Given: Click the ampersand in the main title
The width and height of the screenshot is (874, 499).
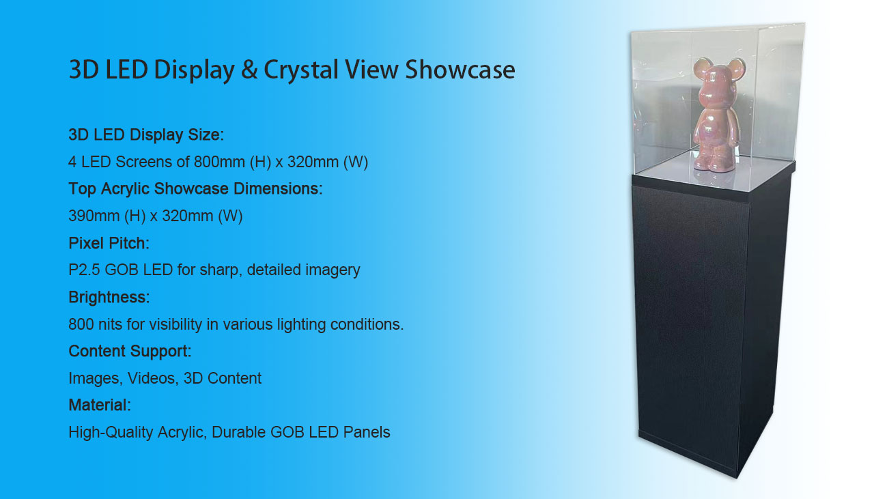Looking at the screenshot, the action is pos(249,70).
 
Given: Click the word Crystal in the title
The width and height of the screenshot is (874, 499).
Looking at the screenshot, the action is pos(301,70).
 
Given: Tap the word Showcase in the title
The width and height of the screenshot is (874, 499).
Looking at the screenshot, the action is pos(460,70).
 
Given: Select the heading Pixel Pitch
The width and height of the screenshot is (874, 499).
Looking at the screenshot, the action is pos(109,243).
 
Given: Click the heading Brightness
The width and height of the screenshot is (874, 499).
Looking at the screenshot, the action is pos(109,298).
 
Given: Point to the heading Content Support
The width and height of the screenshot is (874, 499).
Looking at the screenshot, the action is pos(130,351).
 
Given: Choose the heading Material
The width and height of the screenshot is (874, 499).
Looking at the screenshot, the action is pos(100,405).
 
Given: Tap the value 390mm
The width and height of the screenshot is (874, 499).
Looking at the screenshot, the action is pos(94,216).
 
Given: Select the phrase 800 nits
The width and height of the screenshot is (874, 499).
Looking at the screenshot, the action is pos(95,324).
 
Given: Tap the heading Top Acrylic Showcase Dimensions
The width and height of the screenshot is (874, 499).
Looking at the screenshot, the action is pos(195,189).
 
